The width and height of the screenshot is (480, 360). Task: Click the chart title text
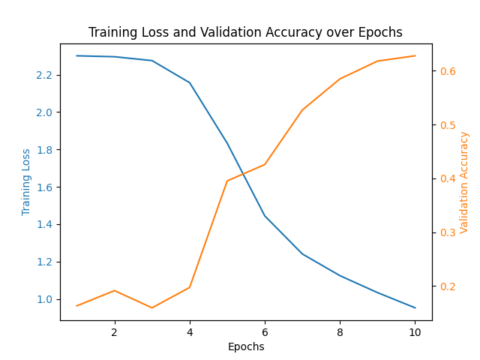point(245,32)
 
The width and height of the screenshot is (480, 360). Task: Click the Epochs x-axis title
point(246,346)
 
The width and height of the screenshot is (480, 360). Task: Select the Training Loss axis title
point(26,181)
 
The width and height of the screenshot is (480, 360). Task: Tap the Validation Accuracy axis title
point(464,181)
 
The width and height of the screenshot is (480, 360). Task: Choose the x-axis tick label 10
point(415,331)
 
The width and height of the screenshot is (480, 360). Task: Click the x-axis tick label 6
point(265,331)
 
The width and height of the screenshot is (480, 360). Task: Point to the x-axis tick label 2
point(114,331)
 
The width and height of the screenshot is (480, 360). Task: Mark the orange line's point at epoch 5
point(226,181)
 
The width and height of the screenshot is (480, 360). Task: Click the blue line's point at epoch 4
point(189,82)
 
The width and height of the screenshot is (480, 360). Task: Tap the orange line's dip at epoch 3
point(151,307)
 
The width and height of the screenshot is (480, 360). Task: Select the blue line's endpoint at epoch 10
point(415,307)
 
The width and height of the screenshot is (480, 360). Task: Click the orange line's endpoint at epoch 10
point(415,55)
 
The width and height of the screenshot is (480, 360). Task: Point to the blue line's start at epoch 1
point(76,55)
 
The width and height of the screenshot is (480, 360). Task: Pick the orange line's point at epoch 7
point(302,110)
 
